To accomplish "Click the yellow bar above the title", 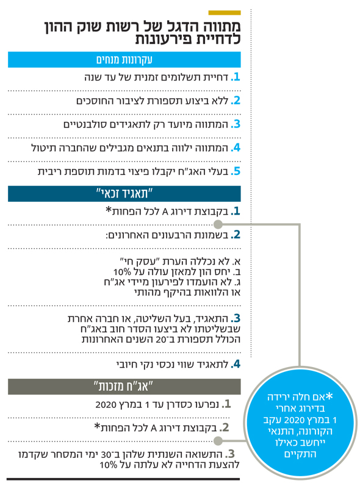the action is pyautogui.click(x=225, y=13).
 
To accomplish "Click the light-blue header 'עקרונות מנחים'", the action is pyautogui.click(x=124, y=60).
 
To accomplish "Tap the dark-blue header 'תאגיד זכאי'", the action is pyautogui.click(x=124, y=194).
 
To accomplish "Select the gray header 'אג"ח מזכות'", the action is pyautogui.click(x=124, y=387).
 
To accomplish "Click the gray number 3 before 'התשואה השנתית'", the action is pyautogui.click(x=230, y=454).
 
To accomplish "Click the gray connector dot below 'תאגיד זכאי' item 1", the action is pyautogui.click(x=218, y=224).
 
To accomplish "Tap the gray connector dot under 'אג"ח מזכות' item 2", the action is pyautogui.click(x=218, y=440).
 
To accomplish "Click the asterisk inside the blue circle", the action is pyautogui.click(x=329, y=396).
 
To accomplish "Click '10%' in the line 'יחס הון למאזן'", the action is pyautogui.click(x=122, y=272).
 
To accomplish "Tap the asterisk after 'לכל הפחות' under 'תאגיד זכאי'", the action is pyautogui.click(x=109, y=210).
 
